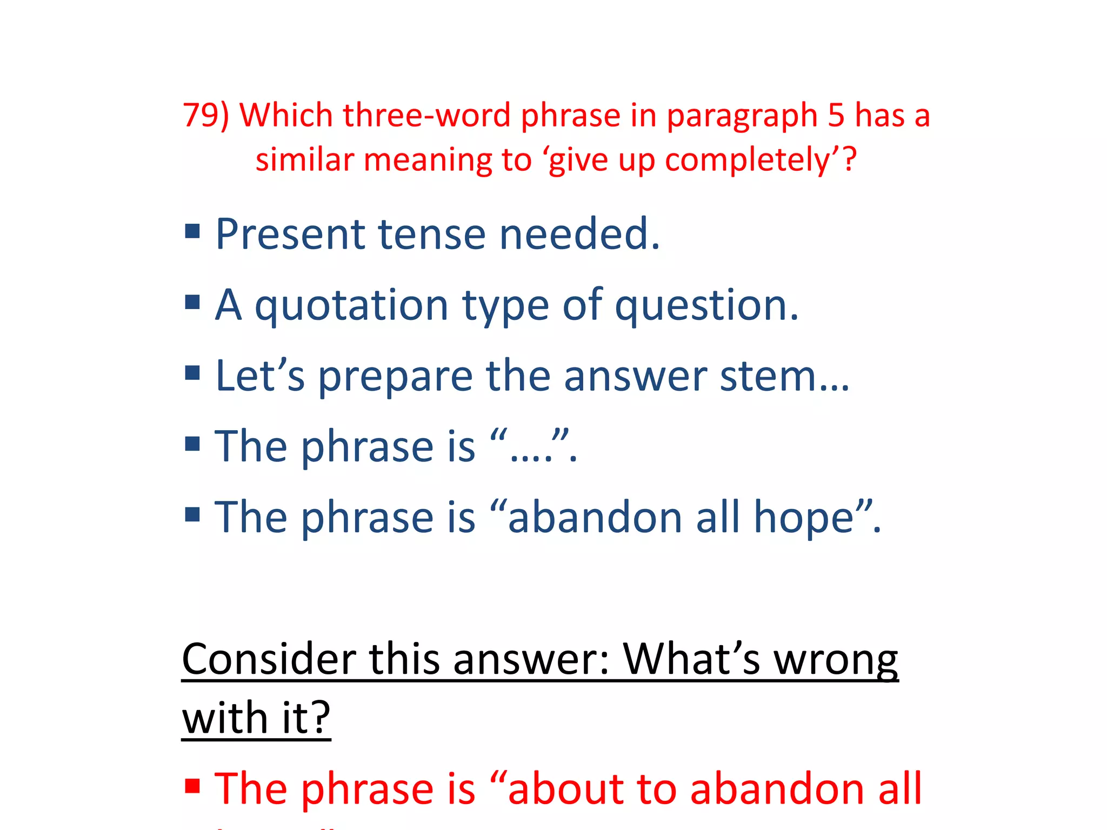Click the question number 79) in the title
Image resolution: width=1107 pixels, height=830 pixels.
206,116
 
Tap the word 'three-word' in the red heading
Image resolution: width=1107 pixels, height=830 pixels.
426,116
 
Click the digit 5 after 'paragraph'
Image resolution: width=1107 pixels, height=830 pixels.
836,116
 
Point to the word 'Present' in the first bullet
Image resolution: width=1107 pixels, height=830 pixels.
290,235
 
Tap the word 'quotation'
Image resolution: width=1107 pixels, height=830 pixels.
351,306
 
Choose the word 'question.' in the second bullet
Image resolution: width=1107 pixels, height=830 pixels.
706,306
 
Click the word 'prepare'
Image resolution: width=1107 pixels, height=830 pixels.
395,376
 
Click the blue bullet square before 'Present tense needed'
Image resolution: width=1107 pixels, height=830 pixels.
192,232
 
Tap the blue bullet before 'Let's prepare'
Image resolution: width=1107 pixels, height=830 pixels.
192,373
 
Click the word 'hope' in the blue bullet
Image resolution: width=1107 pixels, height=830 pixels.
803,518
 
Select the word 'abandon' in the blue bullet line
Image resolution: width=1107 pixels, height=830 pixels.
595,518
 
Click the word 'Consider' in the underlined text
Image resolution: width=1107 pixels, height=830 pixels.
269,659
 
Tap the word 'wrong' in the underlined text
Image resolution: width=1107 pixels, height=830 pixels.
836,659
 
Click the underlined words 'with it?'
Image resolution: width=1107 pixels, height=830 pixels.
256,718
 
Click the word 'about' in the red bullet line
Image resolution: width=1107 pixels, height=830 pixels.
565,789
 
